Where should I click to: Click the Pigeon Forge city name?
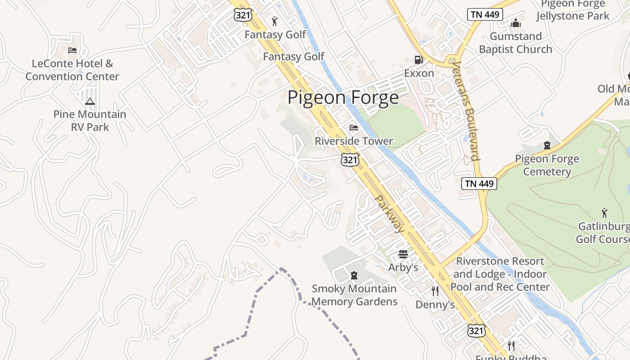coord(343,98)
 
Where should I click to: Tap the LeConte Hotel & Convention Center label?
coord(72,70)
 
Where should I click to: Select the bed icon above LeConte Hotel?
coord(72,50)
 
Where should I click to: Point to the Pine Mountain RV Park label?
coord(90,121)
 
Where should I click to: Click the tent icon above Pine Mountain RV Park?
coord(90,102)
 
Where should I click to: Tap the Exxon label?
coord(419,73)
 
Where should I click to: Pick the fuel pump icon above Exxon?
coord(418,59)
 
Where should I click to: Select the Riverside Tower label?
coord(354,141)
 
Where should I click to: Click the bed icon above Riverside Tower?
coord(354,128)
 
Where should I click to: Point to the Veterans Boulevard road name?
coord(466,111)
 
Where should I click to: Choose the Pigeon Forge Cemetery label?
coord(547,165)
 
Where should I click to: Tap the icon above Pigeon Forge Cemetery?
coord(547,145)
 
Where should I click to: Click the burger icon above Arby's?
coord(403,254)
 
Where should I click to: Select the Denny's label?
coord(435,305)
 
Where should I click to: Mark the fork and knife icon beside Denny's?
coord(435,291)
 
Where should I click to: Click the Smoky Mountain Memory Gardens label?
coord(354,295)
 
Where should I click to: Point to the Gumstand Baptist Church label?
coord(516,43)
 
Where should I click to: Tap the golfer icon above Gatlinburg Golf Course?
coord(604,212)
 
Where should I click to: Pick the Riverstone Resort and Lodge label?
coord(500,274)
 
